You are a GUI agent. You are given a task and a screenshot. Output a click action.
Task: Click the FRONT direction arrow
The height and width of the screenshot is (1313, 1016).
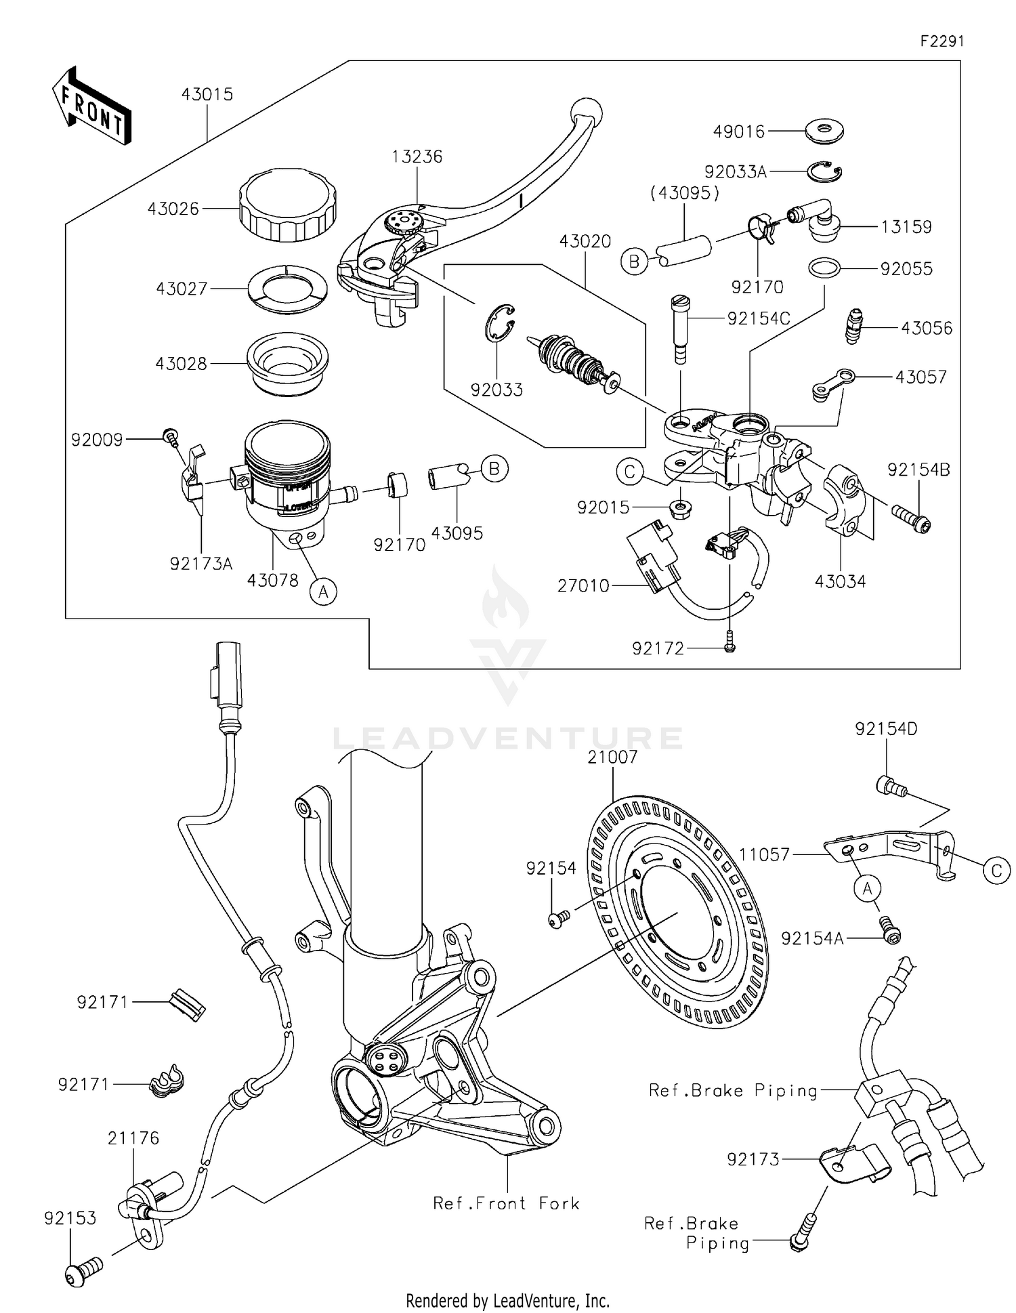(x=91, y=106)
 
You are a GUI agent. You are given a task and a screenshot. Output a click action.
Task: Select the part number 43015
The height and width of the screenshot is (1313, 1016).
(x=207, y=95)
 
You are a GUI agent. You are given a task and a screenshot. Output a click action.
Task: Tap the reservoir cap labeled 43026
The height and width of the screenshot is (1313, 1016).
(x=287, y=205)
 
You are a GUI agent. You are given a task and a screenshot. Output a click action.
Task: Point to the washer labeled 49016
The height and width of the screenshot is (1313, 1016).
(x=824, y=131)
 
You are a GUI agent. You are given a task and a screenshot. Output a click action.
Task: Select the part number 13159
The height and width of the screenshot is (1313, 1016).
(x=906, y=227)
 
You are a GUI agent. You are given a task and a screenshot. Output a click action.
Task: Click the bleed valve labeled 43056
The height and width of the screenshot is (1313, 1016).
(x=856, y=326)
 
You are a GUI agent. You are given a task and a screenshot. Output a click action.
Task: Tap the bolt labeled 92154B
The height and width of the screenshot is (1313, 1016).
(x=911, y=518)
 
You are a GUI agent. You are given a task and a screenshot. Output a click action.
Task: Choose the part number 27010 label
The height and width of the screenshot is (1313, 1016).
(x=583, y=585)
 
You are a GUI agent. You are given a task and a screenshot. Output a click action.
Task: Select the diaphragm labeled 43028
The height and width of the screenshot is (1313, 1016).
(x=288, y=362)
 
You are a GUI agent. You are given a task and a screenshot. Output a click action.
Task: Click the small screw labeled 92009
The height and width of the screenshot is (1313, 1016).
(x=171, y=436)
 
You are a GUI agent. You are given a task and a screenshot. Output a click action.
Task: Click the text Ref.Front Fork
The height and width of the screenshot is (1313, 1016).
(x=506, y=1203)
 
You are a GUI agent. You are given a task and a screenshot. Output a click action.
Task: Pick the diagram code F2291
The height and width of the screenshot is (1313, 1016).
(x=941, y=41)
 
